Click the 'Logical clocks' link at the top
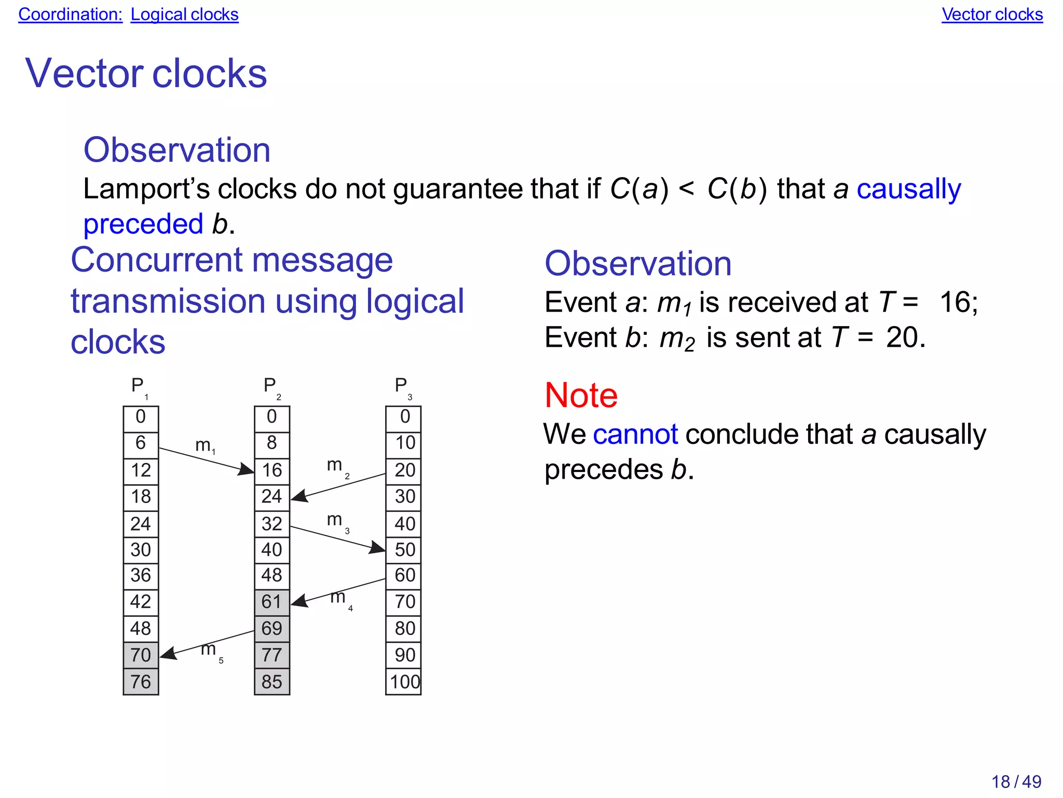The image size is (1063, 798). pos(184,15)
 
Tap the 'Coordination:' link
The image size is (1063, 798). pos(70,15)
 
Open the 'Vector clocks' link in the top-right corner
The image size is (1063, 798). pos(992,15)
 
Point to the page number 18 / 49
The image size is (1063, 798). pos(1016,781)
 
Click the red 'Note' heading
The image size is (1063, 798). pos(581,395)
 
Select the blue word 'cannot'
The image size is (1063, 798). pos(635,434)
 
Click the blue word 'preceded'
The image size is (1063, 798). pos(143,224)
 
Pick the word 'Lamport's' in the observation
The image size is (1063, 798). pos(146,189)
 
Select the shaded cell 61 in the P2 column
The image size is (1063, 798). pos(272,602)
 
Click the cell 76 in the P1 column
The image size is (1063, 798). pos(141,682)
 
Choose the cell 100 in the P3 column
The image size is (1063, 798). pos(404,682)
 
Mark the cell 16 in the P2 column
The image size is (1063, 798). pos(272,470)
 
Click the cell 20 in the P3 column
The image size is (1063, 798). pos(404,470)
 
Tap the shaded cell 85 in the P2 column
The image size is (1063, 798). pos(272,682)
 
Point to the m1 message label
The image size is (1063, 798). pos(206,446)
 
